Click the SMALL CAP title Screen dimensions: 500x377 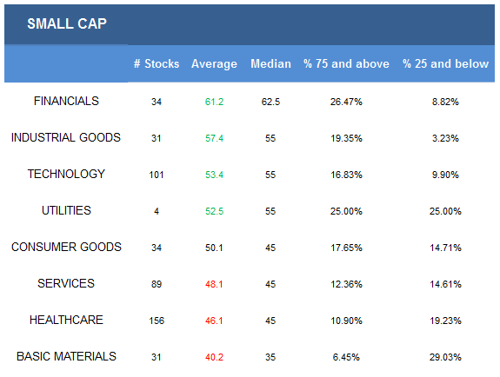point(67,23)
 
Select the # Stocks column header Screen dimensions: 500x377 point(157,63)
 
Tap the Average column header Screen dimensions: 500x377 point(214,64)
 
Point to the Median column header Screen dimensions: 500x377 point(270,63)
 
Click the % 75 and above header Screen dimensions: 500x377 point(346,63)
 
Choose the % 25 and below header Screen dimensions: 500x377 point(445,63)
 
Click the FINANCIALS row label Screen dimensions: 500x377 point(66,101)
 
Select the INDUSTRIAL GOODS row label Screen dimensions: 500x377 point(66,137)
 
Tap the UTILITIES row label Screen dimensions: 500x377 point(66,210)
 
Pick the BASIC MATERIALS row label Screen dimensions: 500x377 point(66,356)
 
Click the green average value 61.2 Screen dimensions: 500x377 point(214,102)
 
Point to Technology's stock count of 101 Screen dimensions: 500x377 point(157,175)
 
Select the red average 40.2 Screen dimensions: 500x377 point(214,357)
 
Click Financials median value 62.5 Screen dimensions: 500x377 point(270,102)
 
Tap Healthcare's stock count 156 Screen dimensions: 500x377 point(157,321)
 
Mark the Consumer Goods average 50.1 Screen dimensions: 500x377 point(214,248)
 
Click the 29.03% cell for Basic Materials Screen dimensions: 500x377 point(445,357)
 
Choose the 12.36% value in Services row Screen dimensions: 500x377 point(346,284)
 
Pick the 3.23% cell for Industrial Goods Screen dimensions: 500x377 point(445,138)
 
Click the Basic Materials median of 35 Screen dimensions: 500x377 point(270,357)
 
